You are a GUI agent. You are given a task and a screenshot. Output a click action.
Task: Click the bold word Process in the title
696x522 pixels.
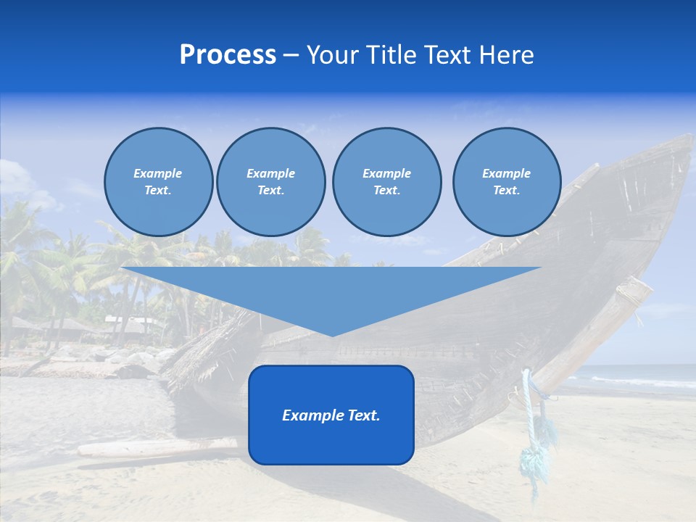click(228, 55)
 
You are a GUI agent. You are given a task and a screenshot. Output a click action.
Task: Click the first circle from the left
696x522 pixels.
click(158, 181)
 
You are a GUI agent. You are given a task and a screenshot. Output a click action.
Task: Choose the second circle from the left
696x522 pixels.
click(270, 181)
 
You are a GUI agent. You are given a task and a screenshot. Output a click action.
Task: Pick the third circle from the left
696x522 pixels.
click(386, 181)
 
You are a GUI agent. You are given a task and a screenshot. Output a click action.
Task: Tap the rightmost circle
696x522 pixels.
click(506, 181)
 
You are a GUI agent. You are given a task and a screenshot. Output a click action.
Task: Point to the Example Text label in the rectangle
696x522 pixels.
click(331, 415)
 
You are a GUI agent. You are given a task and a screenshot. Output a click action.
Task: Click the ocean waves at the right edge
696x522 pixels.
click(652, 381)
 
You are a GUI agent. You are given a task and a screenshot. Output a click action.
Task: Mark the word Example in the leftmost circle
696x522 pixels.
click(158, 173)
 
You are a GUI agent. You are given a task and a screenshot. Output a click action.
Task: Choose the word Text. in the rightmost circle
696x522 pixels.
click(506, 190)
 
